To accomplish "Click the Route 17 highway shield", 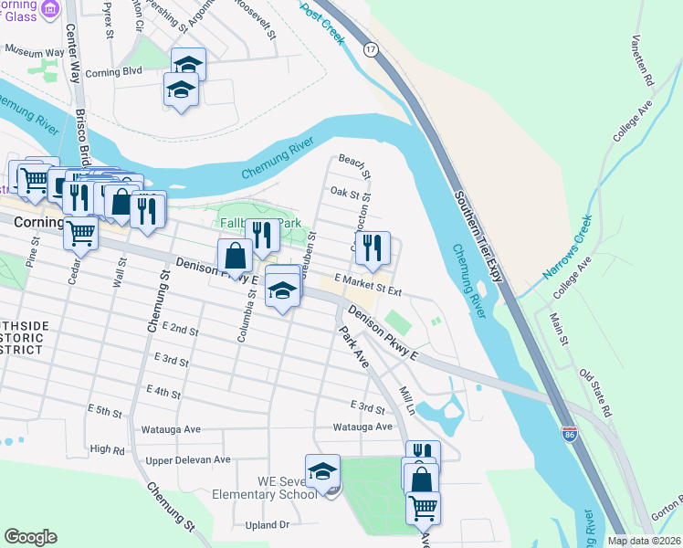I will (370, 47).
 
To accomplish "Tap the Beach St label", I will (354, 166).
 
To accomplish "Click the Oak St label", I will (350, 194).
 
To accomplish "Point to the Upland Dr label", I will (267, 525).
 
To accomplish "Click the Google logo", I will (30, 536).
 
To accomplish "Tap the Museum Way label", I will (36, 53).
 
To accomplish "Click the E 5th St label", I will (104, 413).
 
